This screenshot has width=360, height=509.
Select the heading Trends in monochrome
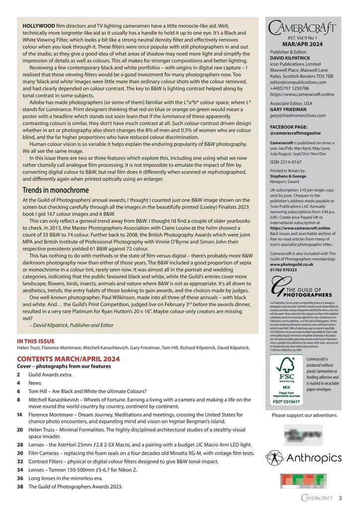[56, 190]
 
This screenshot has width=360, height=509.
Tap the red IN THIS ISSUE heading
[36, 341]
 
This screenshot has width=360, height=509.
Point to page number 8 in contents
[18, 399]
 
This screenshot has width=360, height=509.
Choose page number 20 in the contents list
[20, 429]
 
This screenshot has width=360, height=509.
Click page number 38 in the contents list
[20, 487]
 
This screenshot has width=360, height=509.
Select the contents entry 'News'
[35, 383]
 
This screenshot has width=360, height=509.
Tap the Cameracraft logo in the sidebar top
[302, 27]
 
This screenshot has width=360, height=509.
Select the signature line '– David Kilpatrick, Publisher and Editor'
[72, 325]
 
